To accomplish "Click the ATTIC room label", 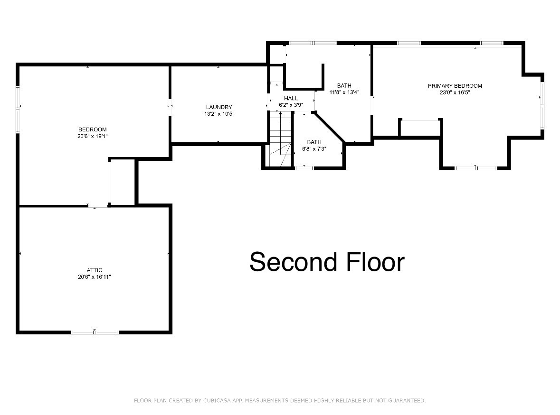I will (x=94, y=270).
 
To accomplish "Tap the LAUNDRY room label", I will (x=219, y=107).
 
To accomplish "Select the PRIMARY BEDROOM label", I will (x=455, y=86).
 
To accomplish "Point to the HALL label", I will (x=291, y=98).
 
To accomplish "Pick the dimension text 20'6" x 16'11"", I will (x=94, y=277).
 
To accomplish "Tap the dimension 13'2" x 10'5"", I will (x=219, y=114).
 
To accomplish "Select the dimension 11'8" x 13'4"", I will (x=344, y=92).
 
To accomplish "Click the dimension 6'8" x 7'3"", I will (x=314, y=148).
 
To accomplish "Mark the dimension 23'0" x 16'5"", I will (x=455, y=92).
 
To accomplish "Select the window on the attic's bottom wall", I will (x=95, y=332).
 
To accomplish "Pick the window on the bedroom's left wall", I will (x=18, y=110).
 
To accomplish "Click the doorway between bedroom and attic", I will (x=98, y=206).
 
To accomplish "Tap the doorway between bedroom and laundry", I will (x=170, y=106).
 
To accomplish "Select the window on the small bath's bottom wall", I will (x=304, y=168).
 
